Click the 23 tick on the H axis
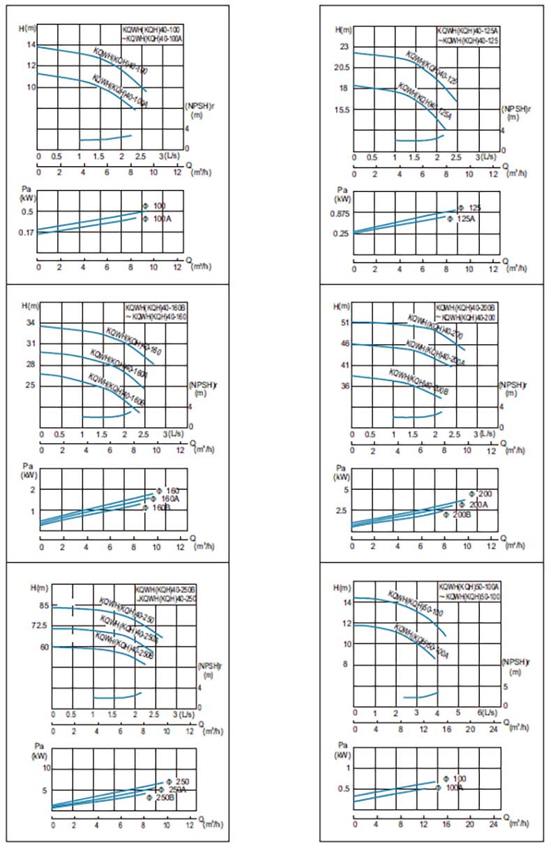pos(343,47)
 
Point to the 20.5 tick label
pos(341,68)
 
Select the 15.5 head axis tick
pos(341,110)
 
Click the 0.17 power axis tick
pos(25,232)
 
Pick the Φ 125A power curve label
pos(461,219)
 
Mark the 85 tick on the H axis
pos(43,606)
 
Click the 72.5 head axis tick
pos(40,626)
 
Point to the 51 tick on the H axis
pos(344,323)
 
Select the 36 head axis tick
pos(344,385)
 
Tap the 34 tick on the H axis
pos(30,323)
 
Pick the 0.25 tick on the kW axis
pos(340,234)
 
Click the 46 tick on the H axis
pos(344,344)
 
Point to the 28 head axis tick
pos(30,364)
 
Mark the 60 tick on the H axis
pos(43,647)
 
